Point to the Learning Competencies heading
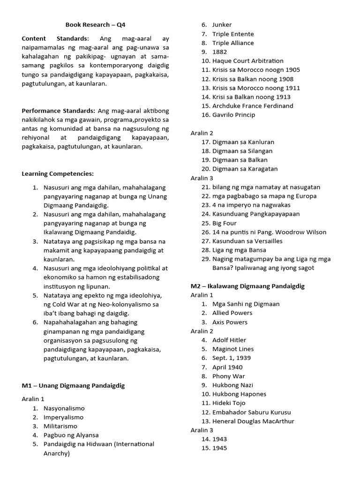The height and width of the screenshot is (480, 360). [58, 174]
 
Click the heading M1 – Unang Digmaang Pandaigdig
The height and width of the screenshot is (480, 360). [73, 386]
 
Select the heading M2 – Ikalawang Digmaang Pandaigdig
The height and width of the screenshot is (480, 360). [247, 286]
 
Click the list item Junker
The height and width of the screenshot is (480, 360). [222, 25]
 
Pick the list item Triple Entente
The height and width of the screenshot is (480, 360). [233, 34]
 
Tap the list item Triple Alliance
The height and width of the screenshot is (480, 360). [233, 43]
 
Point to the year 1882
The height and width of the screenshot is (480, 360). [219, 52]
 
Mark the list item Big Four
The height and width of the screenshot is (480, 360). [224, 223]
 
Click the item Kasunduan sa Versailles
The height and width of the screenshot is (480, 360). [247, 241]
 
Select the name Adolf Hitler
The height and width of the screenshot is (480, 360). [229, 340]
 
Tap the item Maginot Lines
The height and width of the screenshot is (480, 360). [233, 349]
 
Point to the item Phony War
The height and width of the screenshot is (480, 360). [228, 376]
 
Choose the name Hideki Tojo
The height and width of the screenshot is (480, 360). [229, 403]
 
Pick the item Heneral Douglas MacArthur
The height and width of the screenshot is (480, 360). [253, 421]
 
